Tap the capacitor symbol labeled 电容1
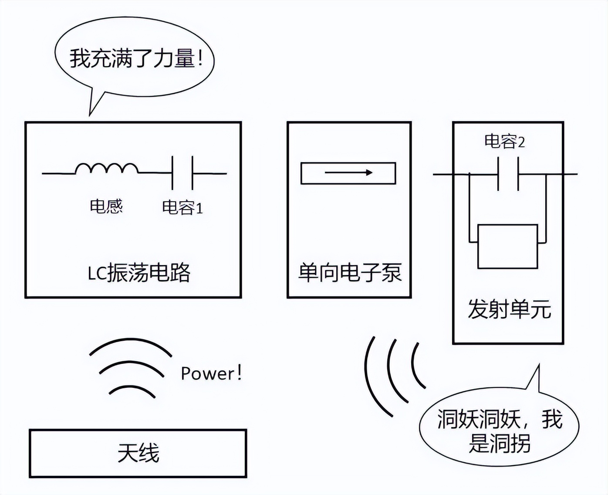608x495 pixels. (x=182, y=173)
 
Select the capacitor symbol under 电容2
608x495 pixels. (x=508, y=174)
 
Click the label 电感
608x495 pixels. (x=106, y=206)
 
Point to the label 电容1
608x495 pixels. (x=182, y=208)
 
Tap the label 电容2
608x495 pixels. (x=504, y=142)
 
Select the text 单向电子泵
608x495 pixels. (x=349, y=273)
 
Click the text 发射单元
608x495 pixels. (x=509, y=309)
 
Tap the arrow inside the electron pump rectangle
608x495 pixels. (x=348, y=173)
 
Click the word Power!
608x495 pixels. (x=211, y=373)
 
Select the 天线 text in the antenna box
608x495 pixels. (x=138, y=453)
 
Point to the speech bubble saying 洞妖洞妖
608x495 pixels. (x=500, y=431)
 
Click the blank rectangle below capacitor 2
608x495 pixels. (x=507, y=246)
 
